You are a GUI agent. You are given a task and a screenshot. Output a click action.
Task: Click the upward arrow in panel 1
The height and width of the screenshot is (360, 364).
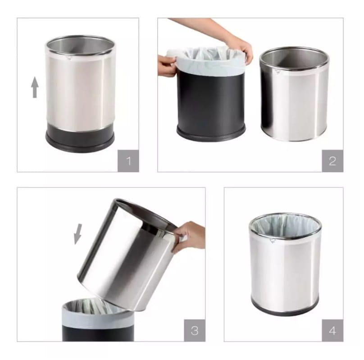pos(35,87)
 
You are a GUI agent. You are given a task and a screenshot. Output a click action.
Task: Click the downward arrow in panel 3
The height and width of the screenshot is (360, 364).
pos(78,234)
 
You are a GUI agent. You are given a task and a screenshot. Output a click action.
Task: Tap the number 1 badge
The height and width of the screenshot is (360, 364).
pos(128,161)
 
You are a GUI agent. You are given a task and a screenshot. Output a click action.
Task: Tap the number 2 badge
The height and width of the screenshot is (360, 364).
pos(332,161)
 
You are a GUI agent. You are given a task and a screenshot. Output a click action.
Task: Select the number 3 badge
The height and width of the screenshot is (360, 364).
pos(195,330)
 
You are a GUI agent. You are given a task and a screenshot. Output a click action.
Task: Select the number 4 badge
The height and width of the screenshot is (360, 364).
pos(332,330)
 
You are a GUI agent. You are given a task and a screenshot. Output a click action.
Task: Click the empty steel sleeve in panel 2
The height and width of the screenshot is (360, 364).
pos(294,94)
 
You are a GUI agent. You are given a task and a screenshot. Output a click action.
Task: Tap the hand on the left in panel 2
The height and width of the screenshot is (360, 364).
pos(167,66)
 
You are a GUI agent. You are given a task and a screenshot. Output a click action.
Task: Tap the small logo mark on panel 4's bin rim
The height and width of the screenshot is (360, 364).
pos(273,241)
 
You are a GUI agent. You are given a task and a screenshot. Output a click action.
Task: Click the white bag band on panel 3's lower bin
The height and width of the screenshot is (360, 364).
pos(98,316)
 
